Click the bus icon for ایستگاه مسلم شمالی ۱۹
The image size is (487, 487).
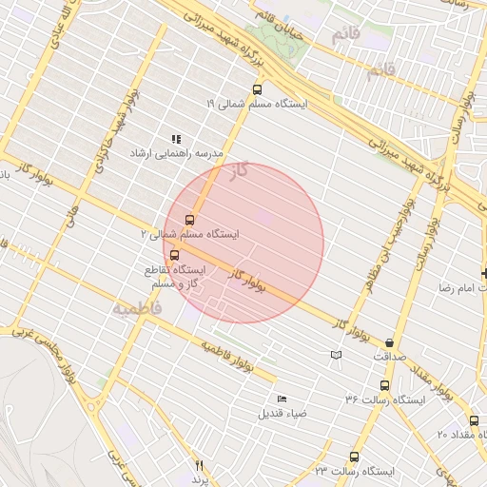(x=257, y=89)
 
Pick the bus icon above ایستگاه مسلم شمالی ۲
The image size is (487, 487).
(x=189, y=220)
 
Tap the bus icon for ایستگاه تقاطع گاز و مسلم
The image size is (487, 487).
(x=173, y=255)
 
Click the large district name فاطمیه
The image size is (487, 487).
(x=137, y=309)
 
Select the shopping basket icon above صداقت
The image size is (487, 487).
(x=390, y=343)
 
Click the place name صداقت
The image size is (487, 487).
(x=389, y=357)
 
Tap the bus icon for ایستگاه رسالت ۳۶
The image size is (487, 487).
(x=384, y=386)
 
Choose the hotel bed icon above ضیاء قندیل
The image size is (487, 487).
(x=281, y=399)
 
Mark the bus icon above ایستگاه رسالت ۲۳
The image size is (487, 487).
(x=354, y=457)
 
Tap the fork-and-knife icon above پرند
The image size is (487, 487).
(x=199, y=465)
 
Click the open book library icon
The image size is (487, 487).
(x=335, y=355)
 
